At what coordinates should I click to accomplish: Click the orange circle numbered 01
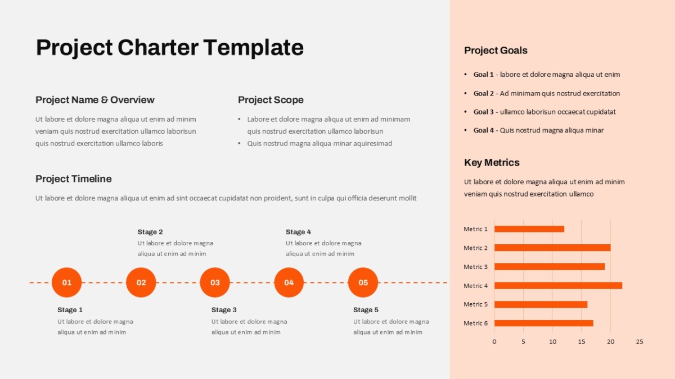[x=66, y=282]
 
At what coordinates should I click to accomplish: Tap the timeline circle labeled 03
[x=215, y=282]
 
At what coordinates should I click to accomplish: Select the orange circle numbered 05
[x=363, y=282]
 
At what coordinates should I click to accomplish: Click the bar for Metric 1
[x=529, y=229]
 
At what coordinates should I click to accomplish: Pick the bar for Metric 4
[x=558, y=285]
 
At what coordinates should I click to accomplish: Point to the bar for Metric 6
[x=543, y=323]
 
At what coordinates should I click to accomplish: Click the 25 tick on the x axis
[x=640, y=342]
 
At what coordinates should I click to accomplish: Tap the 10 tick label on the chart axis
[x=552, y=342]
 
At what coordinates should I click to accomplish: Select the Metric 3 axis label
[x=475, y=267]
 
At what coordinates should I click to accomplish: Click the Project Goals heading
[x=496, y=51]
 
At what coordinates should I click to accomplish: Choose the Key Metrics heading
[x=492, y=162]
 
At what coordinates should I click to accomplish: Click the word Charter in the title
[x=158, y=48]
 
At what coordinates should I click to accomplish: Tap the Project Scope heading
[x=271, y=100]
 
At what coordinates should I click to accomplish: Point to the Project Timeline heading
[x=74, y=179]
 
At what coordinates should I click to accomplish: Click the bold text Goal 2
[x=483, y=94]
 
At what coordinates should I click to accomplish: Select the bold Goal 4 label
[x=483, y=130]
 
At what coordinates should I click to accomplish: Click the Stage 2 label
[x=150, y=232]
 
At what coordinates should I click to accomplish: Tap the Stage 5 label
[x=366, y=310]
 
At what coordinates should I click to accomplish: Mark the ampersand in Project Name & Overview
[x=104, y=100]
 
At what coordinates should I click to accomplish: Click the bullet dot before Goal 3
[x=466, y=112]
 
